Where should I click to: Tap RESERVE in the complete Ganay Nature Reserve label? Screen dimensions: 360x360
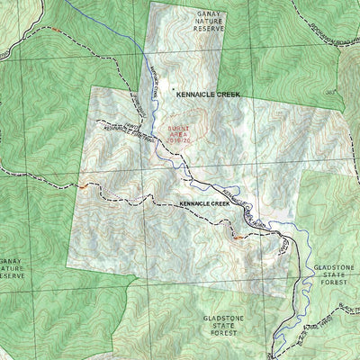pos(208,28)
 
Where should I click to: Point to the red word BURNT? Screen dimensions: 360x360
pos(176,129)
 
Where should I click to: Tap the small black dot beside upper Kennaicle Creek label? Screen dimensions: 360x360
pos(172,90)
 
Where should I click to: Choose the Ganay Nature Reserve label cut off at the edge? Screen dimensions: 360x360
pos(12,268)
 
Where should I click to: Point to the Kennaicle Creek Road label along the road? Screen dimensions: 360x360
pos(237,193)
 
